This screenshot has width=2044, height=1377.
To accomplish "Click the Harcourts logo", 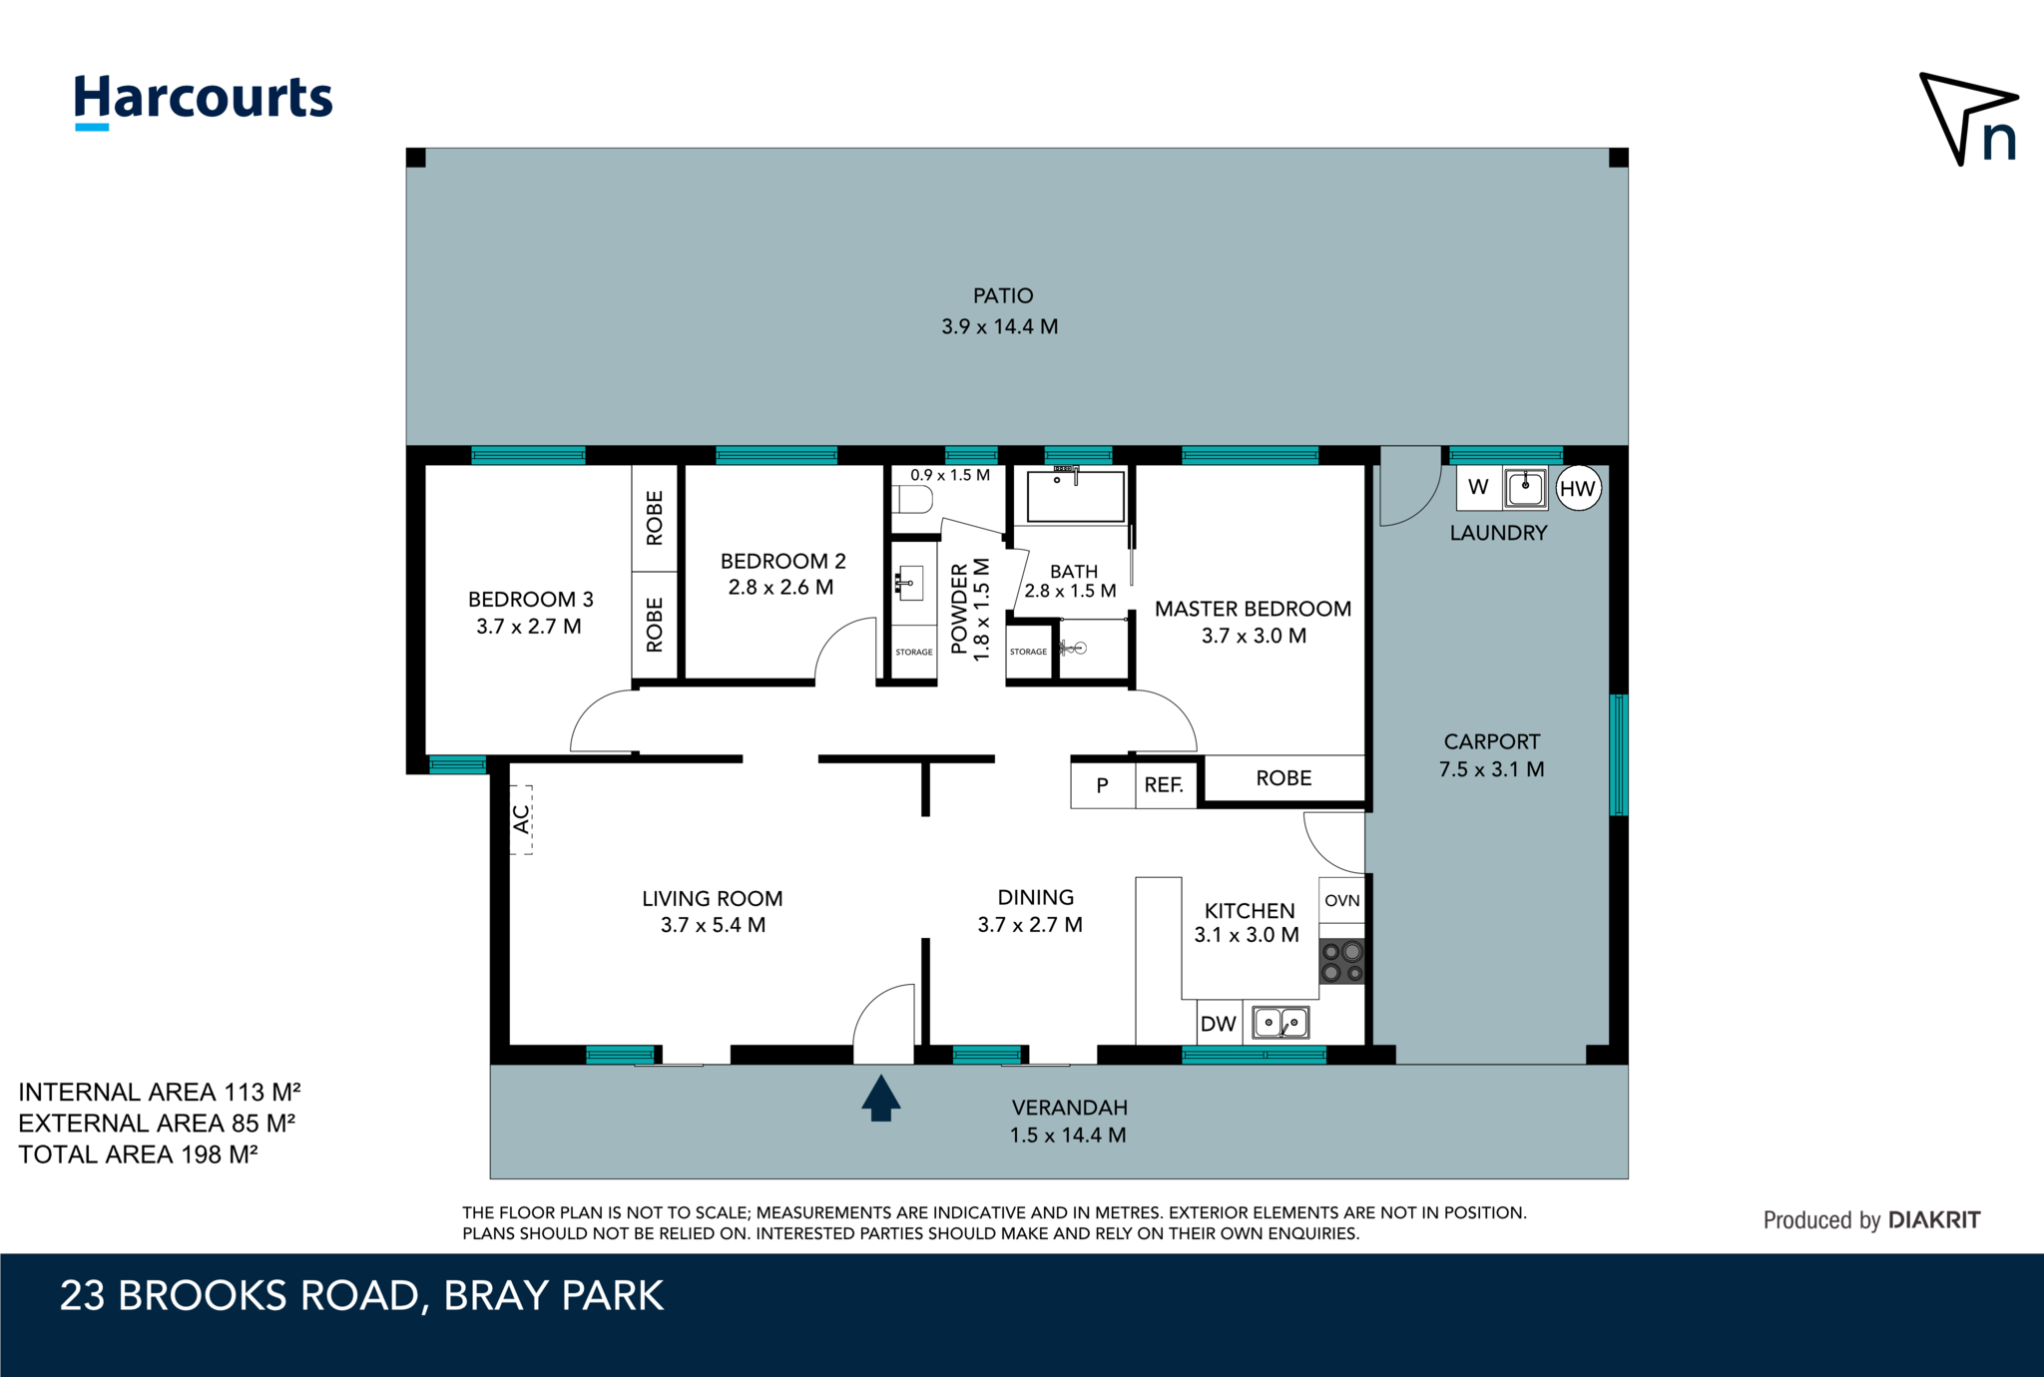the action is (x=204, y=101).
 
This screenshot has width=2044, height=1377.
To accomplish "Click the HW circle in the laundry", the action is (x=1578, y=488).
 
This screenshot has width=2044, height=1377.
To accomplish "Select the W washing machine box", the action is (x=1478, y=488).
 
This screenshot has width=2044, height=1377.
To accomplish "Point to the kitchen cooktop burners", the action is (x=1342, y=962).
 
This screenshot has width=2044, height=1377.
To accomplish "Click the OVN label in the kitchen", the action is (x=1342, y=900).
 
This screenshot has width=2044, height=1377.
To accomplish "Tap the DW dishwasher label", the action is (x=1218, y=1024).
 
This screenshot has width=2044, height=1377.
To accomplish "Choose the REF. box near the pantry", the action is (x=1165, y=784).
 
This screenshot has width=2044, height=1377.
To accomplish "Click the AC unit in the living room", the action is (x=521, y=819).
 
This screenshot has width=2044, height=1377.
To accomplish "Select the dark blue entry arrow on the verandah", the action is (x=880, y=1098).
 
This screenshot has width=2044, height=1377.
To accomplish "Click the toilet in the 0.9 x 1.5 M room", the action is (x=913, y=499).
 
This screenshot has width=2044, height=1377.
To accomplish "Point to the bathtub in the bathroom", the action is (x=1076, y=496).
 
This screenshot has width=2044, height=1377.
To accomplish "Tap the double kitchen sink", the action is (x=1280, y=1023).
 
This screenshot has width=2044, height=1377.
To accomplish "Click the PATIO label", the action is (x=1003, y=295).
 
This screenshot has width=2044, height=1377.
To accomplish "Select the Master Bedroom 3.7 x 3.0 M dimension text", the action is (x=1254, y=636).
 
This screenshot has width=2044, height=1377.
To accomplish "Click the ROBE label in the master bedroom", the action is (x=1283, y=778).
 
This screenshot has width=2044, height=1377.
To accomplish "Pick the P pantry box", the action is (x=1103, y=784).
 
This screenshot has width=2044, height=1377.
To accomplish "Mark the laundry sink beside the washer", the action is (x=1525, y=488).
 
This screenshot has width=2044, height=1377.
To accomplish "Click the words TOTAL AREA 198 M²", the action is (x=139, y=1154).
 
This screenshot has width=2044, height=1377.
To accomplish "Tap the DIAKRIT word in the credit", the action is (x=1934, y=1219).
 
